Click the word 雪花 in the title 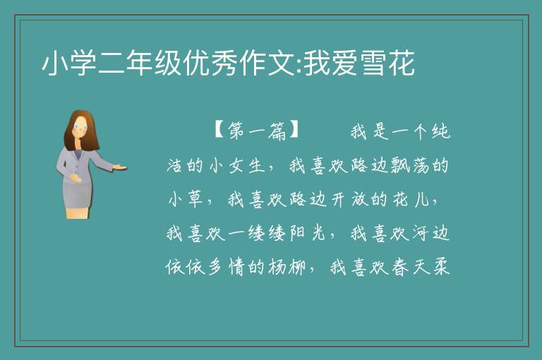click(387, 64)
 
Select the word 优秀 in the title click(212, 64)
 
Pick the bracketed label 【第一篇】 click(256, 131)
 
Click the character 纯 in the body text click(440, 131)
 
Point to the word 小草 click(186, 199)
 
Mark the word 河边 click(430, 233)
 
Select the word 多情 click(226, 267)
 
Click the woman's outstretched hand click(120, 167)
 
